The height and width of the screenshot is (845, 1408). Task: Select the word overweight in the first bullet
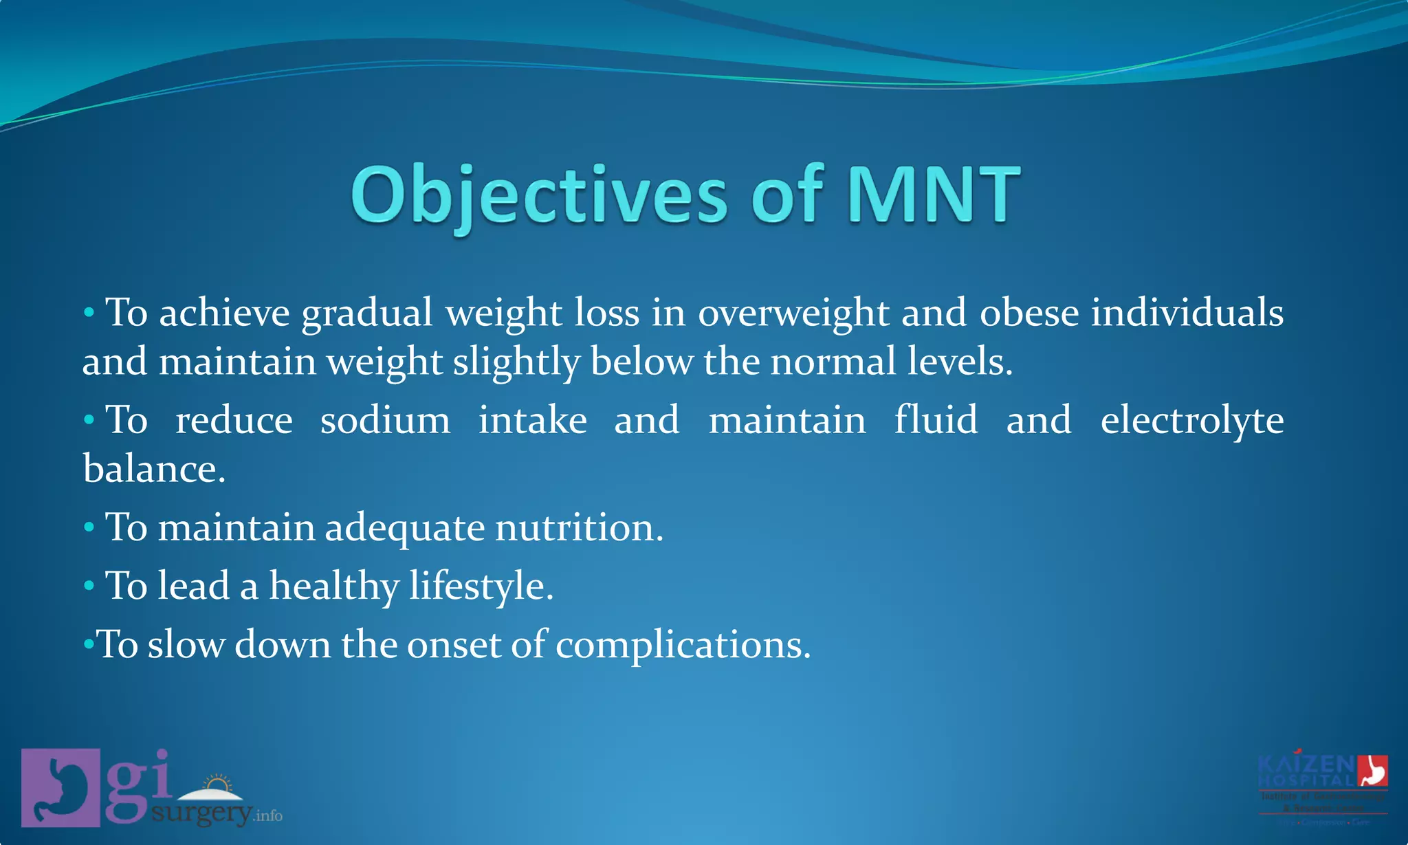coord(793,314)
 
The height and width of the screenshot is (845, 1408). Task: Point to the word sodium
coord(385,420)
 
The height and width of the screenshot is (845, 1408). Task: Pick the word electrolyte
coord(1191,421)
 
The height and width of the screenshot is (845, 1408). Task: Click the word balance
coord(153,470)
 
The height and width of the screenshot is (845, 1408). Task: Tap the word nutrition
coord(579,528)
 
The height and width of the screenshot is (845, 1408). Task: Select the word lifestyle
coord(481,586)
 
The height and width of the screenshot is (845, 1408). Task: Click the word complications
coord(683,646)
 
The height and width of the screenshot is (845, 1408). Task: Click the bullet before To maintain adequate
coord(89,528)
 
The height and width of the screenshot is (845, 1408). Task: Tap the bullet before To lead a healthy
coord(89,586)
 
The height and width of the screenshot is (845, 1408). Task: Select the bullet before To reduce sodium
coord(89,420)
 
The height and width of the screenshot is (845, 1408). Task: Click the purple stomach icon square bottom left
coord(60,787)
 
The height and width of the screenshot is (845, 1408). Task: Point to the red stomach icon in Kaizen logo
coord(1372,770)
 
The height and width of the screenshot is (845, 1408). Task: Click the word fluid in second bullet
coord(936,420)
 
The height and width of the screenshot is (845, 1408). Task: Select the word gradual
coord(367,314)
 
